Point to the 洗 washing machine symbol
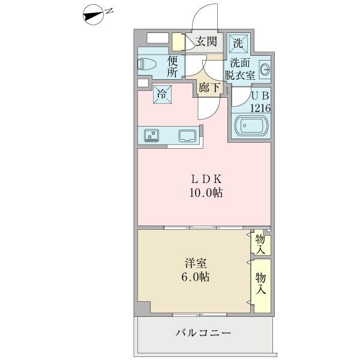(238, 43)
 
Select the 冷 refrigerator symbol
(161, 93)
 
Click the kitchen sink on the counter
(188, 135)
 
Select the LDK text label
(207, 179)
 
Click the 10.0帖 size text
(208, 193)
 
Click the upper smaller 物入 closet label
(260, 244)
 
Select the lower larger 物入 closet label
(260, 283)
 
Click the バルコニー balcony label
(203, 332)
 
